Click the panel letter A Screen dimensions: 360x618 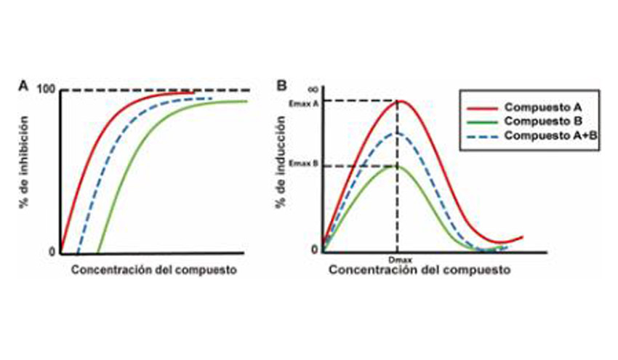[x=24, y=86]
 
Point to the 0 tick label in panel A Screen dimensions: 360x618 [x=52, y=252]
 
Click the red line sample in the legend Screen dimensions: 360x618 [x=479, y=107]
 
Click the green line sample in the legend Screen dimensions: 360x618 [x=479, y=121]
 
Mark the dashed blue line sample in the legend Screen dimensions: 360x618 [x=479, y=136]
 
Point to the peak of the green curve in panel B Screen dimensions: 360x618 [x=396, y=166]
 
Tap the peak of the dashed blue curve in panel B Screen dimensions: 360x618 [x=397, y=133]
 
